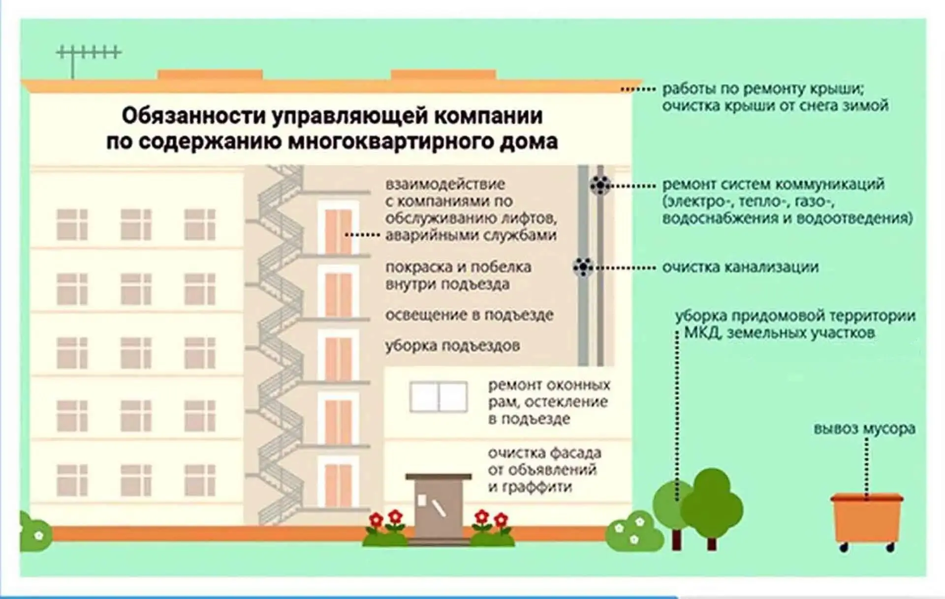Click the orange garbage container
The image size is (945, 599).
(867, 522)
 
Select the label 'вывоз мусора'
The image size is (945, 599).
(864, 428)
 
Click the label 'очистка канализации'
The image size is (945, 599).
(740, 267)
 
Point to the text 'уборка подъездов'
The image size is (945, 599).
(452, 346)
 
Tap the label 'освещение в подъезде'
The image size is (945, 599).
(469, 315)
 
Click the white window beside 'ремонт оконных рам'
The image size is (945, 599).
(438, 396)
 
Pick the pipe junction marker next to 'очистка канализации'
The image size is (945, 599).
(583, 267)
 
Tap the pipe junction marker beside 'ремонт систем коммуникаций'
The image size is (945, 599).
(600, 185)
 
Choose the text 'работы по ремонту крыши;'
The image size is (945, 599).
(763, 89)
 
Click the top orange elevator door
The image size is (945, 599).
(338, 232)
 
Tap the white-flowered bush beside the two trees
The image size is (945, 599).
(634, 531)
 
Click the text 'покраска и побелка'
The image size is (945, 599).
(458, 267)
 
